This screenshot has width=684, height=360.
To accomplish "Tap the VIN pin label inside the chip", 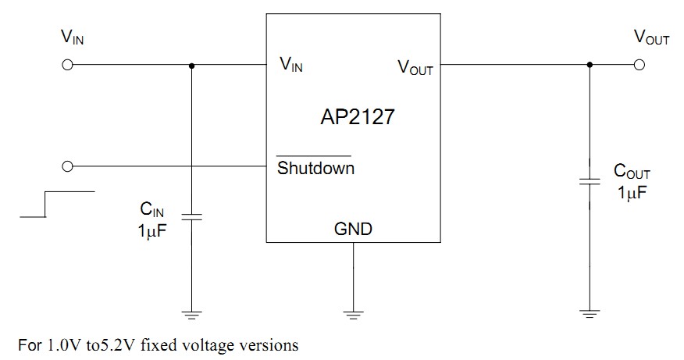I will tap(290, 66).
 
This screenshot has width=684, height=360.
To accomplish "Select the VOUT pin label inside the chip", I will tap(415, 68).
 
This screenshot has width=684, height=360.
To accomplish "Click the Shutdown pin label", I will tap(315, 168).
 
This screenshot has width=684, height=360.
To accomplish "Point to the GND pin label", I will tap(353, 229).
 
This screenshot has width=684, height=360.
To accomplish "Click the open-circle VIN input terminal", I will tap(67, 65).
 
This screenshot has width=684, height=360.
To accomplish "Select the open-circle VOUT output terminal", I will tap(640, 65).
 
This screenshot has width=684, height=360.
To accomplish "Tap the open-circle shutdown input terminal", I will tap(67, 166).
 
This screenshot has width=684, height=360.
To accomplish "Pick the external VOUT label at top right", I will tap(651, 38).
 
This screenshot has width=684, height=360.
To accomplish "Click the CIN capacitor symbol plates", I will tap(191, 216).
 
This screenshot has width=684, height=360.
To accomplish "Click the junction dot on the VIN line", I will tap(191, 65).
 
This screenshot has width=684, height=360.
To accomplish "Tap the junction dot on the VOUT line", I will tap(590, 65).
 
